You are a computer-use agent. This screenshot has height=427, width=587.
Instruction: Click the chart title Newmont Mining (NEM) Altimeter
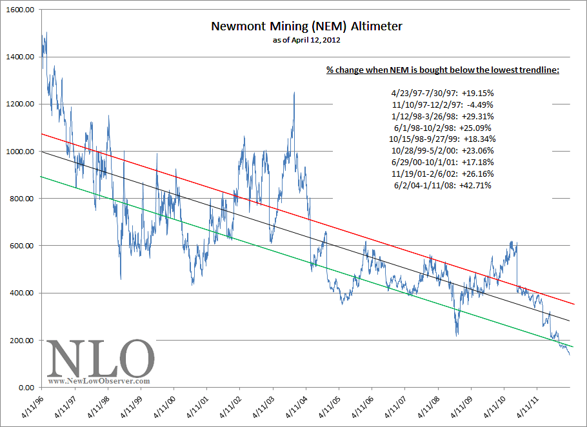pos(306,27)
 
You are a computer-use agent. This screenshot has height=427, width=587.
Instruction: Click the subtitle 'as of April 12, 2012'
pos(306,40)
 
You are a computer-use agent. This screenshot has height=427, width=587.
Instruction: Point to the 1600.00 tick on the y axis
pos(21,10)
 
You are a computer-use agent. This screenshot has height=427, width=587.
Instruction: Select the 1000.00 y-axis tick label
pos(21,152)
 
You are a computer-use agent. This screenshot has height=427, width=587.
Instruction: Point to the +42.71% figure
pos(477,185)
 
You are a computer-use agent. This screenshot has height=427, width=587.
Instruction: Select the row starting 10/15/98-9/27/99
pos(443,139)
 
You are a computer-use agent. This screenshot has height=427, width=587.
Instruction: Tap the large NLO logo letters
pos(101,358)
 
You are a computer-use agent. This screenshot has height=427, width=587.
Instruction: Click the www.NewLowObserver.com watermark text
pos(99,381)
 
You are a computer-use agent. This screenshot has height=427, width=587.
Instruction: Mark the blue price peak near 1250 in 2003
pos(294,93)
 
